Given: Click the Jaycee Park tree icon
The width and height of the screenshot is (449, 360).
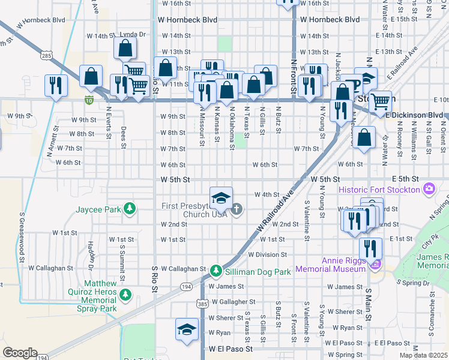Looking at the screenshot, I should (x=129, y=209).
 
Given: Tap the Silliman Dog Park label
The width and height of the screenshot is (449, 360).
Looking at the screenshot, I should (x=258, y=272).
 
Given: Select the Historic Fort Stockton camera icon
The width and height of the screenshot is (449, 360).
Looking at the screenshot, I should (x=429, y=190).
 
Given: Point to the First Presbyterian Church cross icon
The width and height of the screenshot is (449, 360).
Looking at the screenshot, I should (x=237, y=209).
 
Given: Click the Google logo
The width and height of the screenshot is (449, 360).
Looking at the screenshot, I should (x=20, y=352).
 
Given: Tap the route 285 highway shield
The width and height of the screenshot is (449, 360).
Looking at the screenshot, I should (x=47, y=56).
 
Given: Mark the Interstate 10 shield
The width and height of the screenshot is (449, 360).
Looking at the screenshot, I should (x=89, y=99).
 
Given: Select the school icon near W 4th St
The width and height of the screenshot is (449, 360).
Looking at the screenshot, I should (x=221, y=197).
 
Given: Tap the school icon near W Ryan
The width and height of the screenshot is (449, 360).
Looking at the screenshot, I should (x=187, y=329).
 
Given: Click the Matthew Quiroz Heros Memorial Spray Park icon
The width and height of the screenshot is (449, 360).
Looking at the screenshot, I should (x=126, y=295).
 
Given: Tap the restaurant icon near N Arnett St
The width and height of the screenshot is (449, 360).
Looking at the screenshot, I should (x=55, y=85).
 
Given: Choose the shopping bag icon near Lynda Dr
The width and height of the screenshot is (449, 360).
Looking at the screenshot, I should (x=125, y=49).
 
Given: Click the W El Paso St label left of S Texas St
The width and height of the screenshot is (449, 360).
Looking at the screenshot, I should (x=231, y=348).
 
